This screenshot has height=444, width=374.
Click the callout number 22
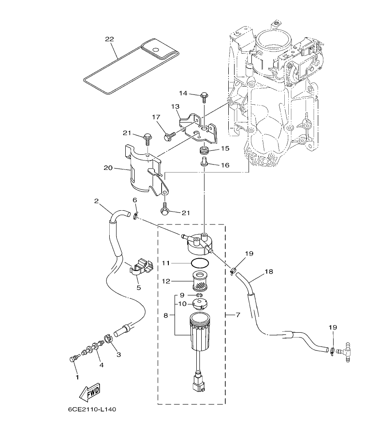pyautogui.click(x=109, y=39)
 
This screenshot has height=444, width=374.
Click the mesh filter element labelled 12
pyautogui.click(x=198, y=281)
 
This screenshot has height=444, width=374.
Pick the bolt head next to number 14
pyautogui.click(x=204, y=94)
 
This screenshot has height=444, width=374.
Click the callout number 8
pyautogui.click(x=166, y=315)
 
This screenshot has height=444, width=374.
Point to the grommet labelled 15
pyautogui.click(x=204, y=151)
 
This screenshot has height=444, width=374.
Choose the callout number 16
pyautogui.click(x=225, y=165)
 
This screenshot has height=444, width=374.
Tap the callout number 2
pyautogui.click(x=96, y=201)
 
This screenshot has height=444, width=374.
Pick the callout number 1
pyautogui.click(x=77, y=377)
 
